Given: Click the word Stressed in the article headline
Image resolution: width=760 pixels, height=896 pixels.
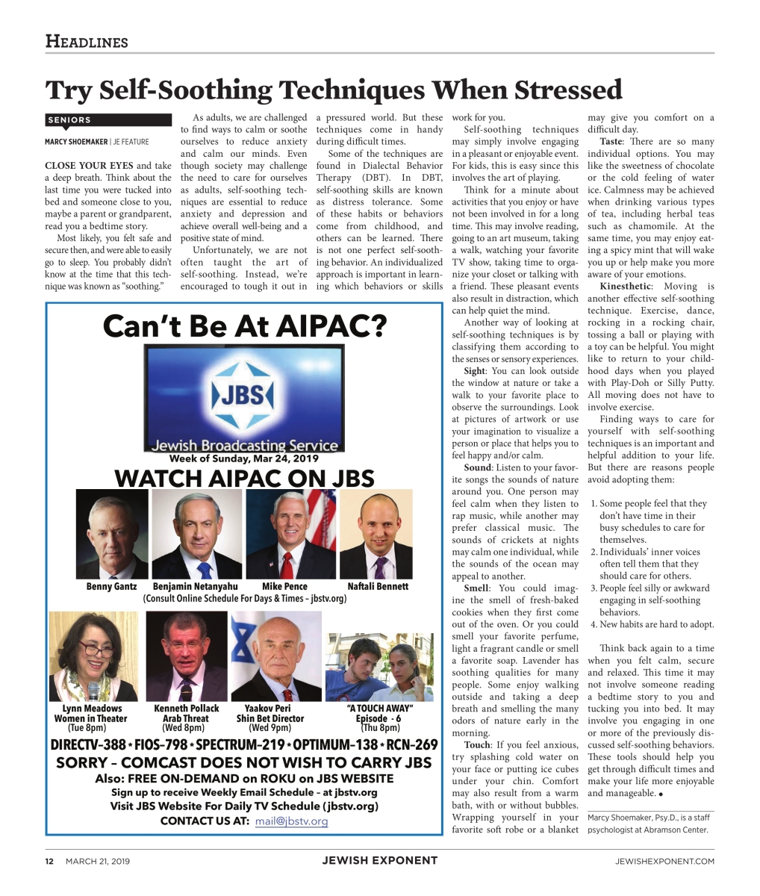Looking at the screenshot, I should pyautogui.click(x=549, y=90).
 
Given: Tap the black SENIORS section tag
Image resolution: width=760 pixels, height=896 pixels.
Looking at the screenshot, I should pyautogui.click(x=69, y=119).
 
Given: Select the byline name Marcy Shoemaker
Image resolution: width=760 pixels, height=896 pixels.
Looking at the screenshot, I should pyautogui.click(x=76, y=142).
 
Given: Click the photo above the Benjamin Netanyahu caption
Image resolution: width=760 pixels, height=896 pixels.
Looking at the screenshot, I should pyautogui.click(x=196, y=534).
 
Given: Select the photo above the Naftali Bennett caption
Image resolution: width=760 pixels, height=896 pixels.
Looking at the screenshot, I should pyautogui.click(x=376, y=534).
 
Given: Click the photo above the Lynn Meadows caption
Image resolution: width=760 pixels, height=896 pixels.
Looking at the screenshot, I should pyautogui.click(x=93, y=656).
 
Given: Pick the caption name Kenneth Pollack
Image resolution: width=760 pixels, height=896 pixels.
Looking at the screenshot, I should pyautogui.click(x=187, y=709).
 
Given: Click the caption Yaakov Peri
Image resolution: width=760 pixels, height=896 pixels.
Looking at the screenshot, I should pyautogui.click(x=267, y=709).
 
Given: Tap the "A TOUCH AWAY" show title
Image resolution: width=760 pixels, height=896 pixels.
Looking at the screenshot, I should pyautogui.click(x=380, y=709).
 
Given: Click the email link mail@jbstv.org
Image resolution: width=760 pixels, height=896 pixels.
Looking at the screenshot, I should pyautogui.click(x=291, y=821).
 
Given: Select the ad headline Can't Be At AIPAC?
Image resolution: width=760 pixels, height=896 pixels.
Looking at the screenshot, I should pyautogui.click(x=244, y=326).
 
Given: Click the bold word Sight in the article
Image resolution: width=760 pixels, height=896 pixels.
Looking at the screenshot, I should pyautogui.click(x=473, y=371).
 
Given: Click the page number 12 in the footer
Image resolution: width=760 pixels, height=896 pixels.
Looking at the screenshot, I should pyautogui.click(x=49, y=861).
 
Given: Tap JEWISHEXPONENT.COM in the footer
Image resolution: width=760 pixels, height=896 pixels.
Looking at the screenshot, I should pyautogui.click(x=664, y=861).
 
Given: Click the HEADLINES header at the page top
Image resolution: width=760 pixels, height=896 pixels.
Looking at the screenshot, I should pyautogui.click(x=87, y=42).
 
